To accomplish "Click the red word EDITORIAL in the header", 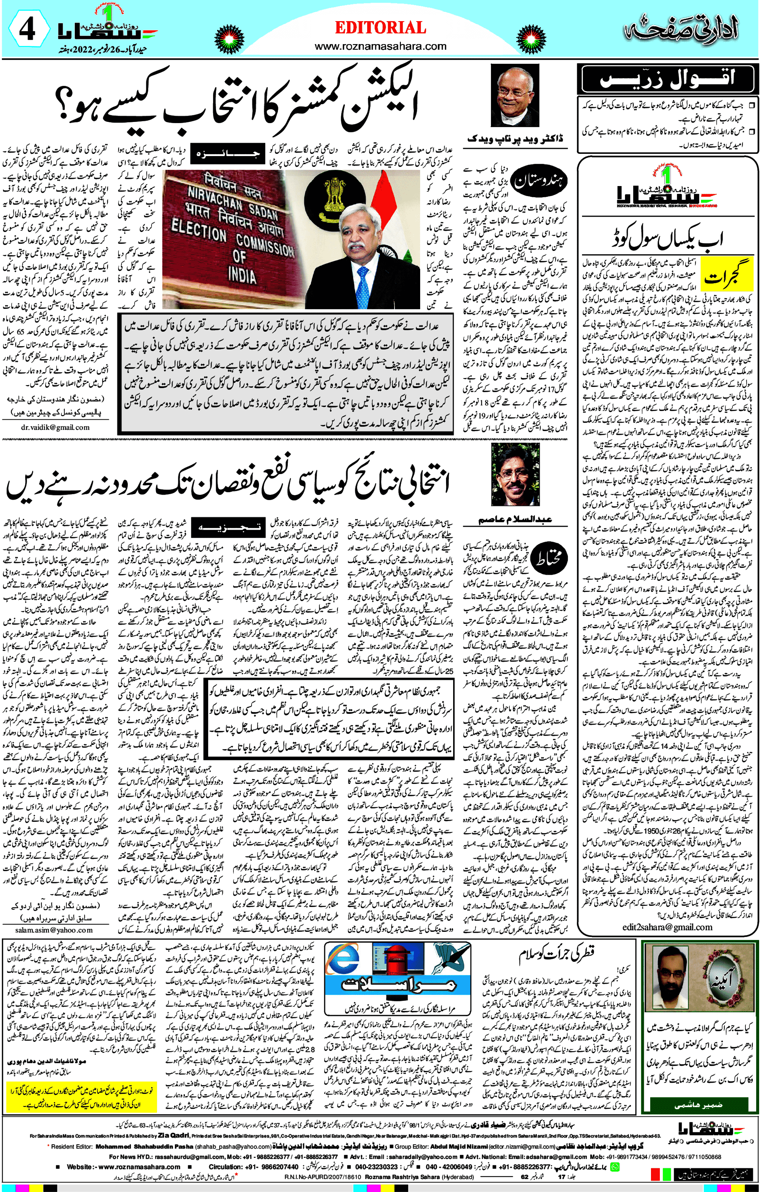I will click(x=380, y=28).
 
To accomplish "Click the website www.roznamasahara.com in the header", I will click(x=380, y=47).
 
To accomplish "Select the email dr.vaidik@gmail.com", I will click(x=56, y=427).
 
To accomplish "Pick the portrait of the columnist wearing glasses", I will click(x=515, y=474).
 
